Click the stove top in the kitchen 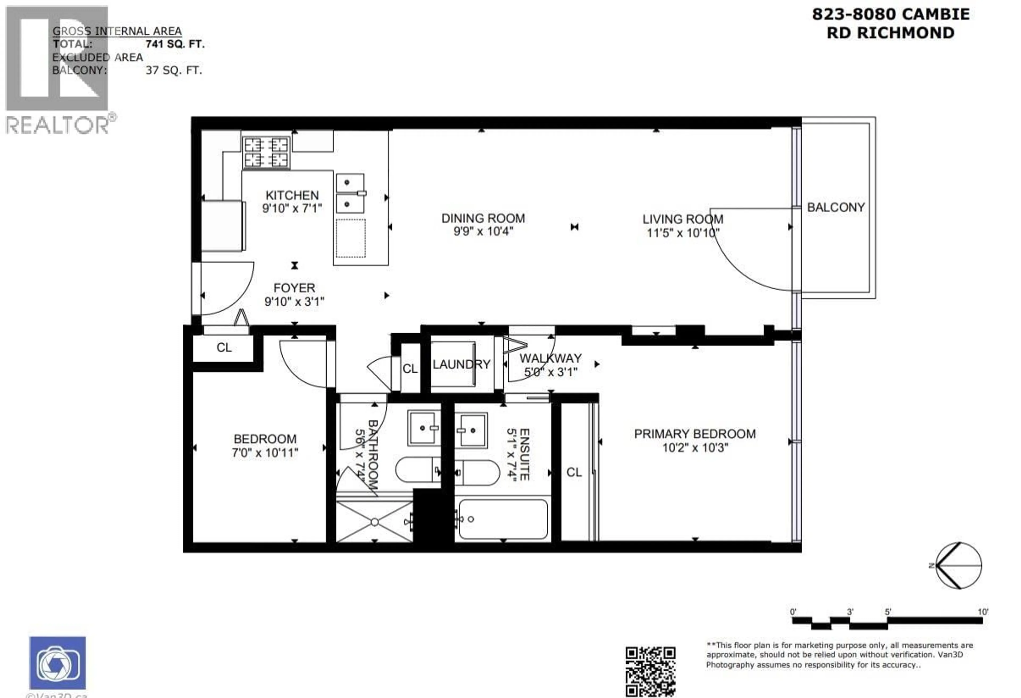point(266,152)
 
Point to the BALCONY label point(836,207)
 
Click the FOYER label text point(294,288)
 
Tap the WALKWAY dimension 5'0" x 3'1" point(550,372)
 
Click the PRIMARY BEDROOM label point(694,434)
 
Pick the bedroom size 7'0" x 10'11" point(265,452)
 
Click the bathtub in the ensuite point(503,519)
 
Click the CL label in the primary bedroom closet point(574,472)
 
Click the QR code point(650,671)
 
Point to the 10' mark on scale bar point(983,612)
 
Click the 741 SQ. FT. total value point(175,44)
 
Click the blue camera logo point(57,663)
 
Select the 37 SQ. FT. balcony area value point(174,70)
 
